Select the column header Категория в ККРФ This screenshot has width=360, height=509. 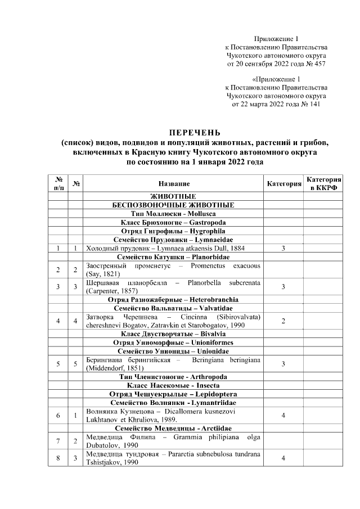(323, 183)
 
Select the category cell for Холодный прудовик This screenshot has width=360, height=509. (283, 247)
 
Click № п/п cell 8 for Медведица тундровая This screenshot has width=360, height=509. (58, 458)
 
